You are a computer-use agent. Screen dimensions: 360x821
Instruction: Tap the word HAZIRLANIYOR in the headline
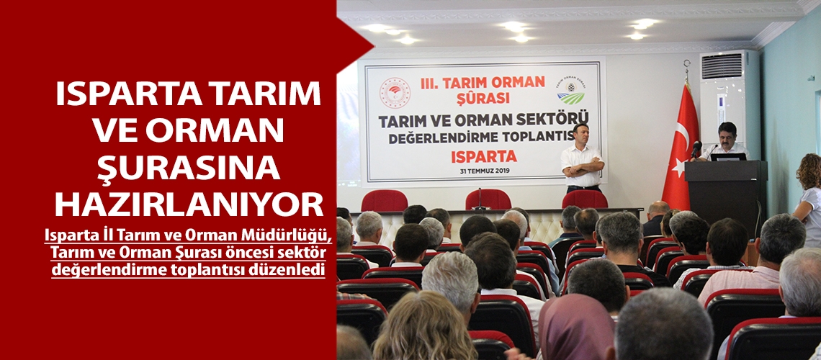pos(189,204)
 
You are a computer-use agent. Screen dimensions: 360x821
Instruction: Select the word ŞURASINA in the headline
pos(189,167)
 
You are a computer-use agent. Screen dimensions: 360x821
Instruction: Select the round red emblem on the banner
pos(395,92)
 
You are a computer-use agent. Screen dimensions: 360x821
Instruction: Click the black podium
pos(724,191)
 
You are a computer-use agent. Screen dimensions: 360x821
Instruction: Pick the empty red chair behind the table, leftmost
pos(384,201)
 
